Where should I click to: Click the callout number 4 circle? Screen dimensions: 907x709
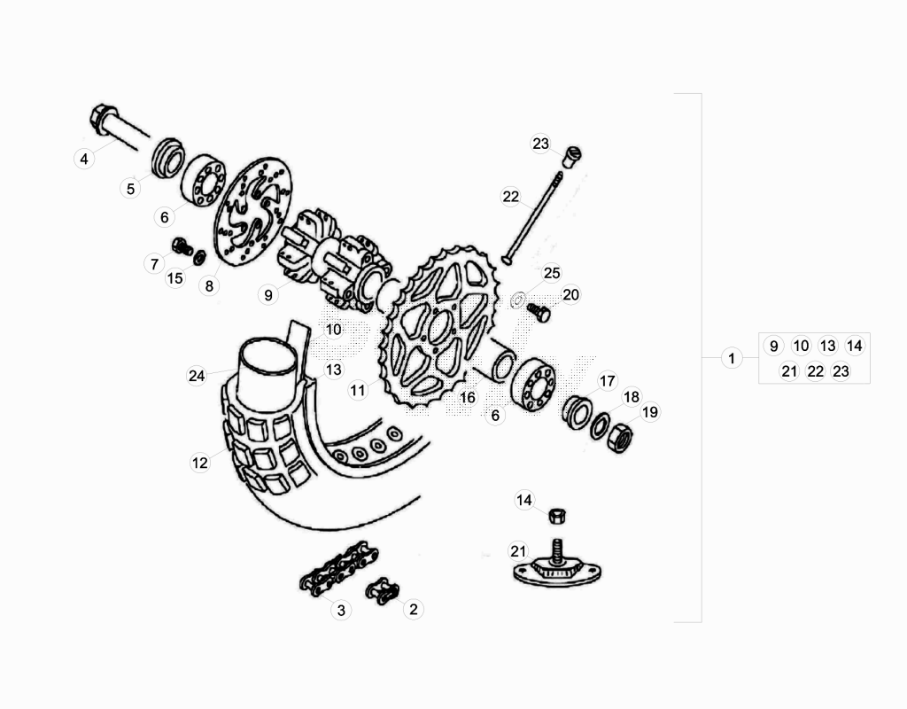(84, 159)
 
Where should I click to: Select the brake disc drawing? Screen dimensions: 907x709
(252, 212)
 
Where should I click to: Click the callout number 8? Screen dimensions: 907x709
(209, 286)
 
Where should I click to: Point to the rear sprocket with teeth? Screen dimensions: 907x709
(438, 328)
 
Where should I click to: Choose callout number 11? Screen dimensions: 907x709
(358, 391)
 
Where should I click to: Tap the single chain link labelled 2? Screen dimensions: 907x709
(383, 590)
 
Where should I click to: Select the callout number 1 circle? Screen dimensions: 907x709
(732, 358)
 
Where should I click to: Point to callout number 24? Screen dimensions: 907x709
(197, 376)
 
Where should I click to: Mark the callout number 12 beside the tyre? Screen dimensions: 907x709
(199, 463)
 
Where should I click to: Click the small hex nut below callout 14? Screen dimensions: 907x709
(556, 515)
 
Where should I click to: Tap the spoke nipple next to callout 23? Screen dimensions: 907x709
(571, 157)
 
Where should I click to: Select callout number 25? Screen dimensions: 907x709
(552, 273)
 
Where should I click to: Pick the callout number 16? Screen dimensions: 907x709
(468, 398)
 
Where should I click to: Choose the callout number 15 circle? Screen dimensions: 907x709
(174, 278)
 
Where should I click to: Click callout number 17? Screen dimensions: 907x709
(607, 381)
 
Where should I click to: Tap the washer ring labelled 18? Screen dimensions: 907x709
(600, 426)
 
